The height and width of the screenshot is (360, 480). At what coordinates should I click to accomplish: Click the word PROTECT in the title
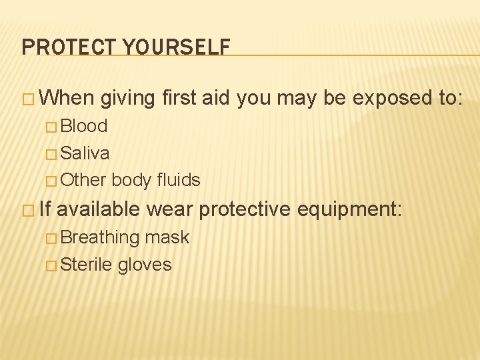click(x=64, y=47)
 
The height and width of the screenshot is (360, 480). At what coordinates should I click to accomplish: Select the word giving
click(x=128, y=98)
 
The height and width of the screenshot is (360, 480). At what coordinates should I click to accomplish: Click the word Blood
click(x=84, y=126)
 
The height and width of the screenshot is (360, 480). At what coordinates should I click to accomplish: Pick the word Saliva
click(x=85, y=153)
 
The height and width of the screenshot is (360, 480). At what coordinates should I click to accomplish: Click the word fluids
click(x=179, y=180)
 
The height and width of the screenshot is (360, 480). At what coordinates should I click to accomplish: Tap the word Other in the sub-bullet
click(x=83, y=180)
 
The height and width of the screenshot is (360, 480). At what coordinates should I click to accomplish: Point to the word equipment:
click(x=349, y=209)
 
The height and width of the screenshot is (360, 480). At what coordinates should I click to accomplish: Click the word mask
click(x=167, y=237)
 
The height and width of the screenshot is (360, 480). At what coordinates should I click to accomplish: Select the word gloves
click(x=145, y=265)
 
